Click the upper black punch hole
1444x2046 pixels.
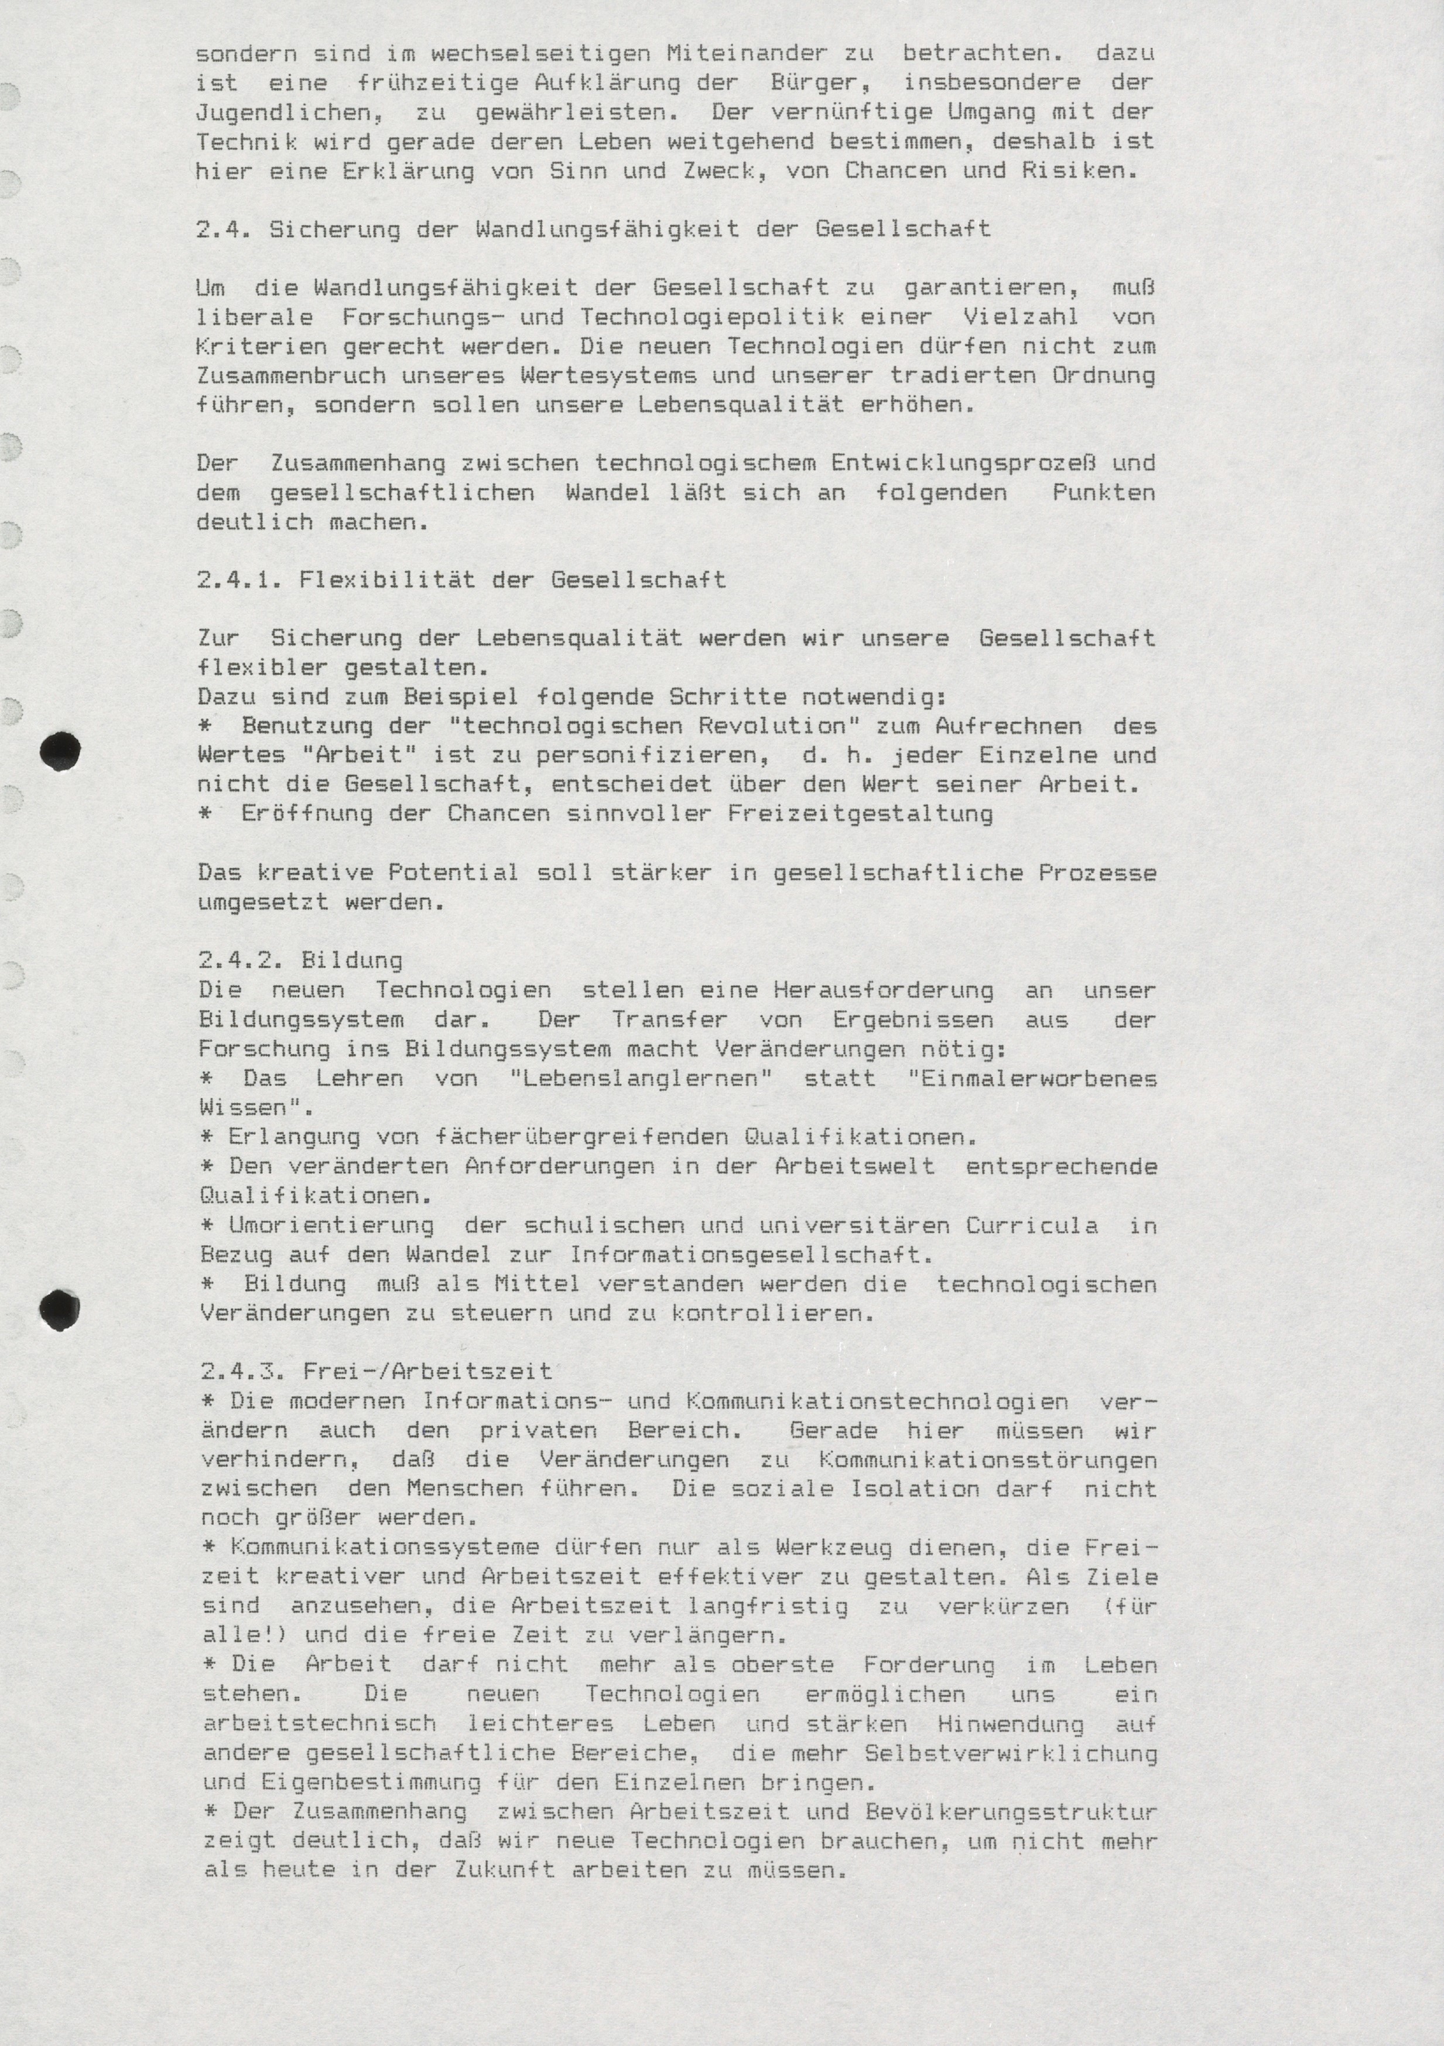click(61, 750)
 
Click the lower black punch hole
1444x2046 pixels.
click(60, 1309)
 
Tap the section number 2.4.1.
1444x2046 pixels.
click(239, 580)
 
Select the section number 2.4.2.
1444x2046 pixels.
click(241, 961)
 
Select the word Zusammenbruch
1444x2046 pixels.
click(290, 376)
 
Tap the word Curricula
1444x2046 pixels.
click(1032, 1225)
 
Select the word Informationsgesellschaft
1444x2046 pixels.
click(751, 1255)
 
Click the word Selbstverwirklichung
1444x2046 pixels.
click(1011, 1753)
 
